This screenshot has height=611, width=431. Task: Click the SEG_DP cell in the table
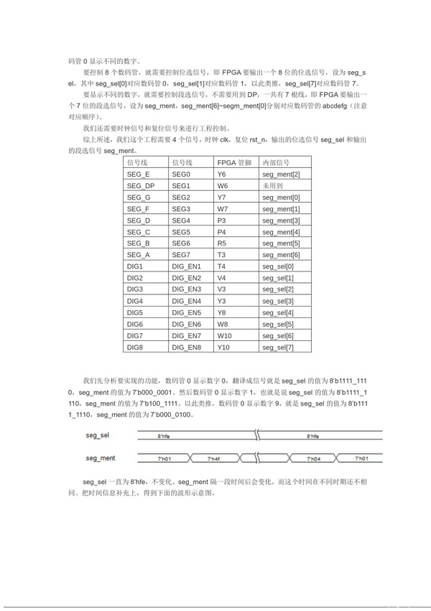pyautogui.click(x=139, y=185)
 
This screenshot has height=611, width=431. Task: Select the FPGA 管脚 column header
pyautogui.click(x=233, y=162)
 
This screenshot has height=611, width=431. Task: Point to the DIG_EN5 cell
pyautogui.click(x=186, y=312)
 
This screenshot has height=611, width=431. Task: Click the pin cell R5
pyautogui.click(x=221, y=243)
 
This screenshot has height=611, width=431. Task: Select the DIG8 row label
pyautogui.click(x=134, y=348)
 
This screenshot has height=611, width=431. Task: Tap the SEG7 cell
pyautogui.click(x=181, y=255)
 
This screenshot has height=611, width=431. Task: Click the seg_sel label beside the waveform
pyautogui.click(x=97, y=436)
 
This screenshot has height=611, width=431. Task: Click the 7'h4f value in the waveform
pyautogui.click(x=214, y=457)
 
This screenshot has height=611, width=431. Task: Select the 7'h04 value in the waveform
pyautogui.click(x=312, y=457)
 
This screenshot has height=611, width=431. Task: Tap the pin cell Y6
pyautogui.click(x=221, y=174)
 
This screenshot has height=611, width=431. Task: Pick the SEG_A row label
pyautogui.click(x=138, y=255)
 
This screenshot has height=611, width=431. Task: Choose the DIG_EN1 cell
pyautogui.click(x=186, y=266)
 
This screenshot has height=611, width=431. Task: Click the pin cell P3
pyautogui.click(x=221, y=220)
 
